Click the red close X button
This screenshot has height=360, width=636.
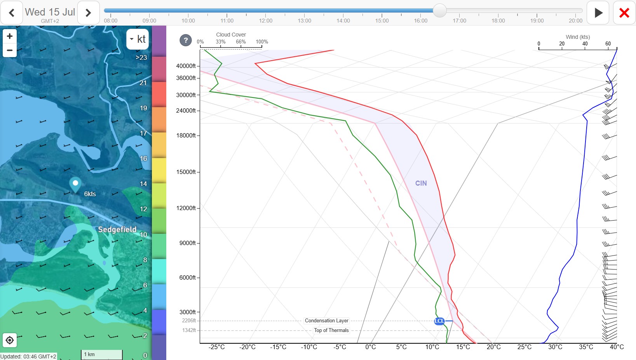[x=624, y=13]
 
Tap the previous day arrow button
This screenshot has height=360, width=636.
[x=12, y=13]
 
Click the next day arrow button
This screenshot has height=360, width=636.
[x=88, y=13]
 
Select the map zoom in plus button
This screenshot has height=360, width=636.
[x=10, y=37]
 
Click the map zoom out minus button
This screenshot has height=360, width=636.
[x=10, y=50]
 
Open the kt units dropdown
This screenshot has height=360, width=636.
[x=138, y=39]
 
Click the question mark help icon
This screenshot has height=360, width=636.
[x=186, y=40]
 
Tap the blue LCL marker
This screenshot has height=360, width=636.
[x=439, y=321]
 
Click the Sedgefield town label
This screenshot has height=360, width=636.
[x=117, y=230]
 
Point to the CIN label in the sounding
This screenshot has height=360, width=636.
[x=421, y=183]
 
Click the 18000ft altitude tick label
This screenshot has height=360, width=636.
[x=186, y=136]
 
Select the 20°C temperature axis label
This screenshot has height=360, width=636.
[x=494, y=347]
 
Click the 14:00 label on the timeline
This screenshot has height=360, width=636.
[x=343, y=21]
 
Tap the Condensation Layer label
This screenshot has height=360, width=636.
[x=326, y=321]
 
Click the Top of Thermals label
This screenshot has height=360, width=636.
[x=331, y=330]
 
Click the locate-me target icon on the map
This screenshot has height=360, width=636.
[x=10, y=340]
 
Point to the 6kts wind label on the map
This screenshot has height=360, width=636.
[x=90, y=194]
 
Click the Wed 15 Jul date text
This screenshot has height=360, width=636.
[x=50, y=12]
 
